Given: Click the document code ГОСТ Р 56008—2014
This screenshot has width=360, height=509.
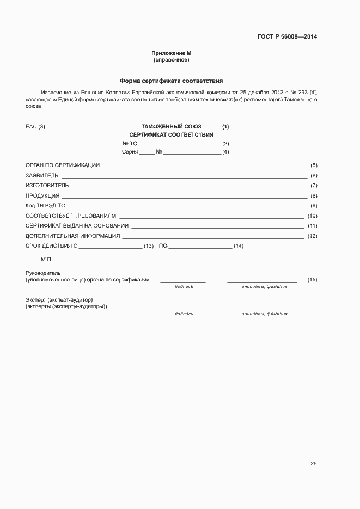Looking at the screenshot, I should tap(287, 37).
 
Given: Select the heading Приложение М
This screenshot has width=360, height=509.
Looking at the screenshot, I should tap(172, 53).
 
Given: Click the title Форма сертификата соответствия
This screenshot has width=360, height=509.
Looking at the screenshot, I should tap(172, 80).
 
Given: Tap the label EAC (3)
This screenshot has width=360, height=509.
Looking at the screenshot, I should tap(35, 127).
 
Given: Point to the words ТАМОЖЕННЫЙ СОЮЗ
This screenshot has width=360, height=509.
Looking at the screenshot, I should tap(171, 127).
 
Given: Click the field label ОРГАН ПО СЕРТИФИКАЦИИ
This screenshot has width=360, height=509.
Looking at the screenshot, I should tap(63, 165).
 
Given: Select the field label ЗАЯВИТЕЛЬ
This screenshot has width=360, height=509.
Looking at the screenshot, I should tap(42, 176).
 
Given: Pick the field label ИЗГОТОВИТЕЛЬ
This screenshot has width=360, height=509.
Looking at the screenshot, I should tap(47, 186).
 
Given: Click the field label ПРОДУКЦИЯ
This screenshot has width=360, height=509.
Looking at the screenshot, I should tap(42, 196).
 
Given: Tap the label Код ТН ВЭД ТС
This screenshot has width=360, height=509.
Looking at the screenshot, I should tap(45, 206).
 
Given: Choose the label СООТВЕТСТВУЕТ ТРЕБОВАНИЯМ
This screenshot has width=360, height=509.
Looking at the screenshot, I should tap(71, 216).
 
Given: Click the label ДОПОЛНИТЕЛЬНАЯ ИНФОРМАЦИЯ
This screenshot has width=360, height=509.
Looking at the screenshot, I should tap(73, 236).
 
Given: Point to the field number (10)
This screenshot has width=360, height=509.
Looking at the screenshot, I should tap(312, 216).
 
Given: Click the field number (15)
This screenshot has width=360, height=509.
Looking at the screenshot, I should tap(312, 280).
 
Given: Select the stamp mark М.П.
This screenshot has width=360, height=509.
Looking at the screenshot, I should tap(46, 260).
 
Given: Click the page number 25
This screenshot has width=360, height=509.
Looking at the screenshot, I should tap(313, 464).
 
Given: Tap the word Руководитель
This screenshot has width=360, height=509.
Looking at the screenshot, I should tap(43, 273).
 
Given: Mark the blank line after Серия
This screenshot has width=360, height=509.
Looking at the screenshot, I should tap(147, 152).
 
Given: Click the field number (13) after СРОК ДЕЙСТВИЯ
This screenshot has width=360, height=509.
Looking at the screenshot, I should tap(149, 247).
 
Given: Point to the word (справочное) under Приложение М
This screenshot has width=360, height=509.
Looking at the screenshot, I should tap(172, 60).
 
